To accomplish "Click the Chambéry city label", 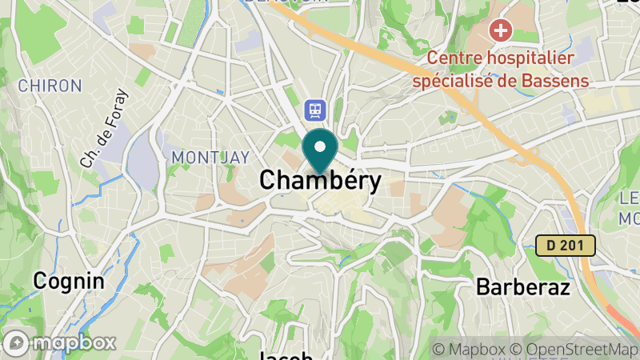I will pyautogui.click(x=320, y=181).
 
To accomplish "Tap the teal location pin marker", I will pyautogui.click(x=320, y=151).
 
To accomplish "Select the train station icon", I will pyautogui.click(x=314, y=108).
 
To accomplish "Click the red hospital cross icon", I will pyautogui.click(x=501, y=32).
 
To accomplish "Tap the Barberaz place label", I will pyautogui.click(x=522, y=286).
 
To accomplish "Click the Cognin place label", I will pyautogui.click(x=69, y=281).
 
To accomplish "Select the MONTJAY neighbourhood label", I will pyautogui.click(x=210, y=157).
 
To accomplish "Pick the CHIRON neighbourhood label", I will pyautogui.click(x=50, y=85).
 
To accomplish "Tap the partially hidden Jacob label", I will pyautogui.click(x=286, y=354).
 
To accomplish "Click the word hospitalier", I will pyautogui.click(x=535, y=58).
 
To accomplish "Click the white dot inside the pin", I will pyautogui.click(x=320, y=146).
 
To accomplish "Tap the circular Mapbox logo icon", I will pyautogui.click(x=18, y=342).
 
